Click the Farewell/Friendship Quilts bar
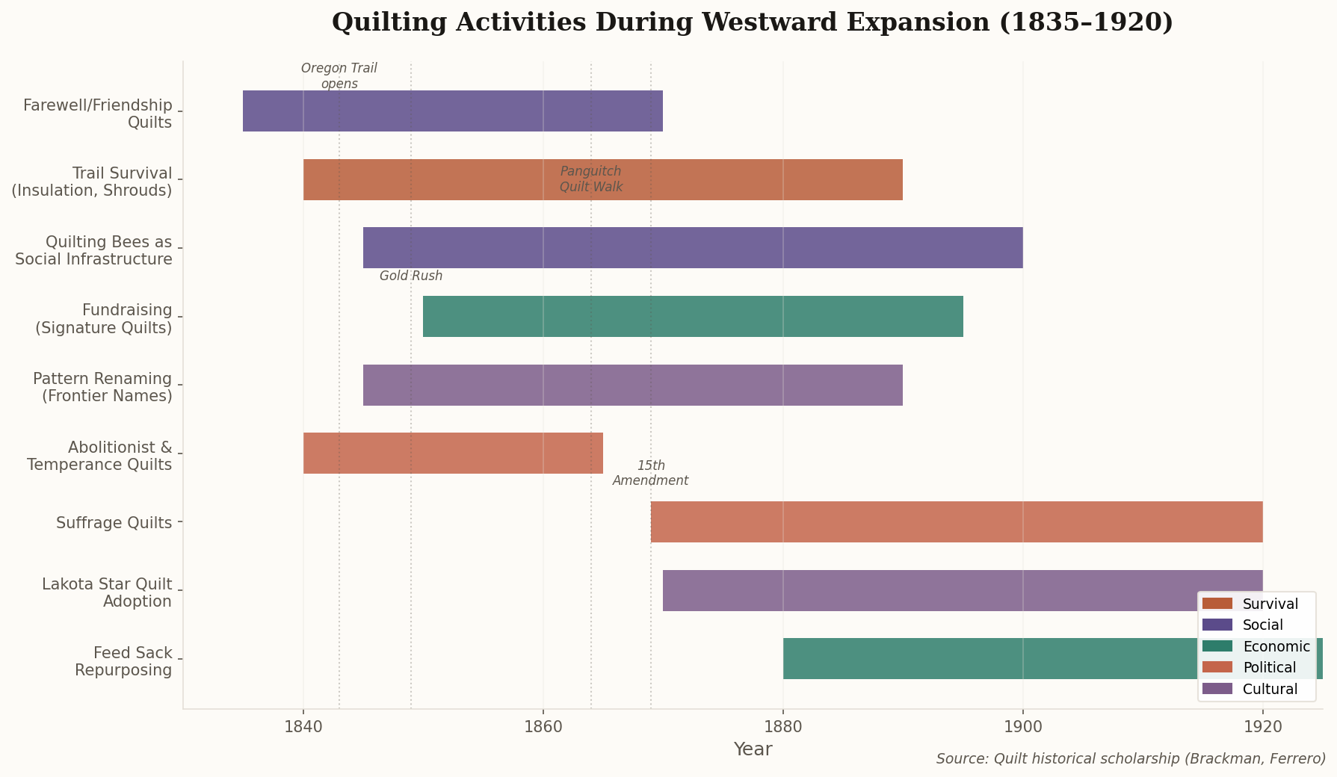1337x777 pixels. tap(452, 111)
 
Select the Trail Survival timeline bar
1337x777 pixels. tap(602, 180)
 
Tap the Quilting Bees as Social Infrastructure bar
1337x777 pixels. tap(692, 248)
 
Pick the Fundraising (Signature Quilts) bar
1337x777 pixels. tap(692, 317)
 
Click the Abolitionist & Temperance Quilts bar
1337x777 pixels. tap(452, 453)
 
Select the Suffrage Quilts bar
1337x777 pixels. tap(956, 522)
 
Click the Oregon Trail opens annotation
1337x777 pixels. tap(339, 76)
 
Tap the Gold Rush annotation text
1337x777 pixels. tap(411, 276)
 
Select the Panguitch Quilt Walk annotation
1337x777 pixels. tap(590, 179)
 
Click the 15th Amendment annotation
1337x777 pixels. tap(650, 474)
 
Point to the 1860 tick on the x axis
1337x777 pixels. tap(543, 726)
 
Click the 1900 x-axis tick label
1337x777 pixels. tap(1022, 726)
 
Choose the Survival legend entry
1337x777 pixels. tap(1256, 604)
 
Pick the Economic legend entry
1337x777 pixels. tap(1256, 647)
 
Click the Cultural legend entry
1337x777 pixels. tap(1256, 689)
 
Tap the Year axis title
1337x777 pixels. tap(753, 749)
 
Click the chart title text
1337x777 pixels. tap(752, 22)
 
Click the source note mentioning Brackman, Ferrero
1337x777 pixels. tap(1130, 759)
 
